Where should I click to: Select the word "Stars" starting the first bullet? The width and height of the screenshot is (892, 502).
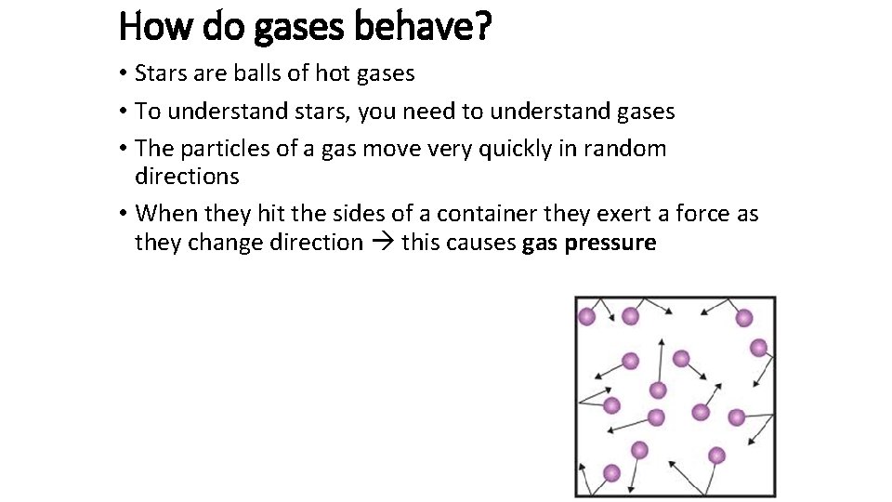[162, 73]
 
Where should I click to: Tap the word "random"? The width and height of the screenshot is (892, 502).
[626, 149]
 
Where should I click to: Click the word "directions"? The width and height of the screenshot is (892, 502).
[187, 177]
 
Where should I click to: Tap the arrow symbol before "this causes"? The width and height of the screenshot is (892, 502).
[382, 244]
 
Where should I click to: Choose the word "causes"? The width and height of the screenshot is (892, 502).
[481, 244]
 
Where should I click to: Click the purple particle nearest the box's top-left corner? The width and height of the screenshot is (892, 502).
[587, 317]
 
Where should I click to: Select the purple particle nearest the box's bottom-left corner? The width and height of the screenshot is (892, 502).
[611, 473]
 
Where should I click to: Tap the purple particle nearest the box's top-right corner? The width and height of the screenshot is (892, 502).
[743, 318]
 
